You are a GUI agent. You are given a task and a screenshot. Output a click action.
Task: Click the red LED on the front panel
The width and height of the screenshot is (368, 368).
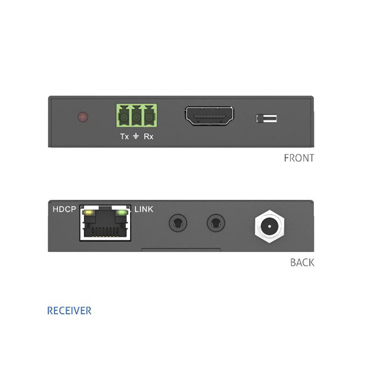pos(83,117)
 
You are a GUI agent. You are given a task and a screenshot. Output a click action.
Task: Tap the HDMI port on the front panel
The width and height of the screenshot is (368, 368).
pos(209,116)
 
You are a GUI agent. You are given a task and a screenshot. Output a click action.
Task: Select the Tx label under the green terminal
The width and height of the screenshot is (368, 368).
pos(125,136)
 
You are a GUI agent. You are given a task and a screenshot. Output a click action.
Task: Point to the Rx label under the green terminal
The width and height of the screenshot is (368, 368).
pos(148,136)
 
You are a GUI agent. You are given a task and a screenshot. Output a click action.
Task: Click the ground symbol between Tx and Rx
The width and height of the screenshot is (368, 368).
pos(136,136)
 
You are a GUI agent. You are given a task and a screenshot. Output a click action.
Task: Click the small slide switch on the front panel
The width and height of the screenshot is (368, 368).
pos(266,118)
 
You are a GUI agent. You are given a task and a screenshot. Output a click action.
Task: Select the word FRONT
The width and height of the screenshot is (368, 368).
pos(299,158)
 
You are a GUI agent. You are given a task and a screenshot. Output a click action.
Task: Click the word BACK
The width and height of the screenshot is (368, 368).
pos(302,263)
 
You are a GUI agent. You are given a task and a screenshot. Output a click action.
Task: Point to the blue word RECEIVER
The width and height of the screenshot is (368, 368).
pos(69,310)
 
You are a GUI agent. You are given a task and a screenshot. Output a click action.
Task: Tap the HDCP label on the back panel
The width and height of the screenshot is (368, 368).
pos(64,209)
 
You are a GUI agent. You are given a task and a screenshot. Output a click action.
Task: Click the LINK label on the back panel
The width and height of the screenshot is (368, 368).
pos(144,209)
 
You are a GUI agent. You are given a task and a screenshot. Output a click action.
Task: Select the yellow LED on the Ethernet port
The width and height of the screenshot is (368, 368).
pos(89,213)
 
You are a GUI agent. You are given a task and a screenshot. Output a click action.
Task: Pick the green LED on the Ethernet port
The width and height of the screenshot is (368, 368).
pos(121,213)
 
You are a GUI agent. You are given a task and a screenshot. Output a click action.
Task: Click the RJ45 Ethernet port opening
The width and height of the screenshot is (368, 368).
pos(105,223)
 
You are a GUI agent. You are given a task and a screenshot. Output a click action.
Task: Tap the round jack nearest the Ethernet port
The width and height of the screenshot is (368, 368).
pos(178,223)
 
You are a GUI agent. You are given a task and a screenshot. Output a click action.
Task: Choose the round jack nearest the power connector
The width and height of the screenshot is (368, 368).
pos(216,223)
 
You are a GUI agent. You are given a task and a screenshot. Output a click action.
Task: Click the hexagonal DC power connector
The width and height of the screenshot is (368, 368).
pos(269,226)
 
